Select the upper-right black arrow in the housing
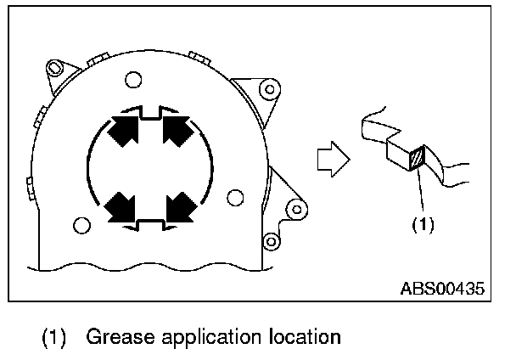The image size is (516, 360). pyautogui.click(x=177, y=132)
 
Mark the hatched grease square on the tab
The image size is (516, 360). pyautogui.click(x=416, y=160)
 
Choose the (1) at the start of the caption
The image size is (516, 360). pyautogui.click(x=53, y=339)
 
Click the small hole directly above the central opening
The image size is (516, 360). pyautogui.click(x=132, y=81)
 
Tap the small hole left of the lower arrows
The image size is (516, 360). pyautogui.click(x=81, y=226)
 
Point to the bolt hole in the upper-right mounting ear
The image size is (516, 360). pyautogui.click(x=270, y=87)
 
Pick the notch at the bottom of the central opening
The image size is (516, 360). pyautogui.click(x=149, y=223)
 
